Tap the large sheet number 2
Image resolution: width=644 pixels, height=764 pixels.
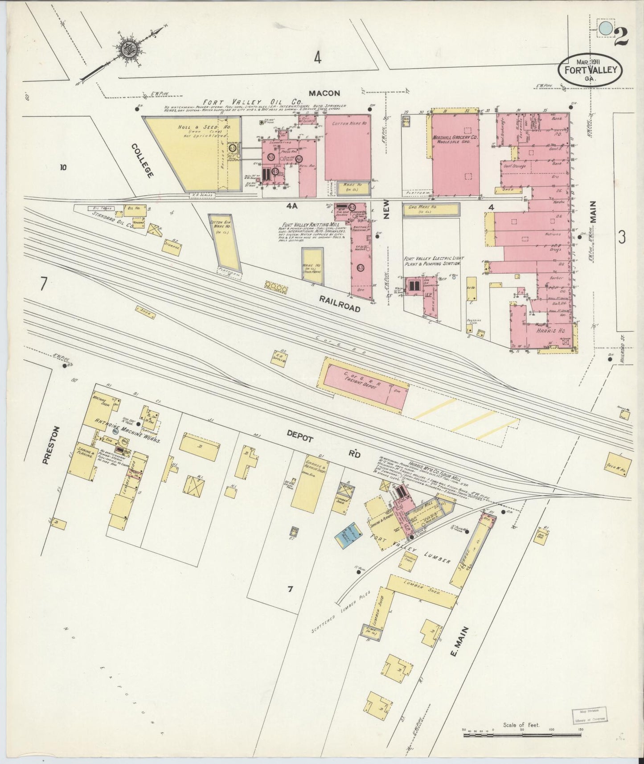coord(621,36)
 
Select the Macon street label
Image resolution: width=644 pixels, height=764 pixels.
coord(325,93)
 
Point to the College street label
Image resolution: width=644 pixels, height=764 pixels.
coord(143,161)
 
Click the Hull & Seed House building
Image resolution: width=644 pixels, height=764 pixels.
coord(193,152)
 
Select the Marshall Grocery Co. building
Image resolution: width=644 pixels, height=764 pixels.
coord(455,154)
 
